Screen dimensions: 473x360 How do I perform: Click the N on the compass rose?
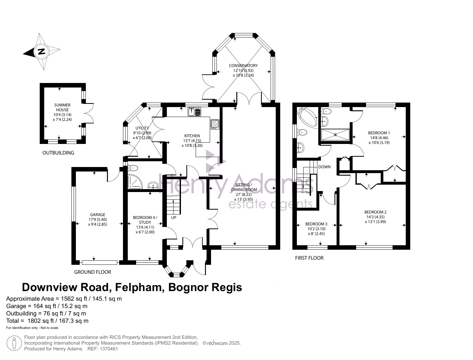[41, 52]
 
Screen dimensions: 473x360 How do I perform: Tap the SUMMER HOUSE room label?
[62, 107]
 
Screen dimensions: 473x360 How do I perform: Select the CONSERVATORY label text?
[243, 66]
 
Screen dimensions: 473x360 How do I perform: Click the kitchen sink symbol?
[194, 112]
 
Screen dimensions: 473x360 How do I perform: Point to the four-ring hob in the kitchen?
[215, 124]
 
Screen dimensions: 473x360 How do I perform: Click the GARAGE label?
[98, 214]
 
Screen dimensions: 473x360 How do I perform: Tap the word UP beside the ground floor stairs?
[174, 218]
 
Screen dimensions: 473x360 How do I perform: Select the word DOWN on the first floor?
[324, 167]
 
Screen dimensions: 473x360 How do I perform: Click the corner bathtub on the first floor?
[307, 118]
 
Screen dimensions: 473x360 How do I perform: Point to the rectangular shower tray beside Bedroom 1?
[335, 135]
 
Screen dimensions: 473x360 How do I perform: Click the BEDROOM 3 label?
[316, 224]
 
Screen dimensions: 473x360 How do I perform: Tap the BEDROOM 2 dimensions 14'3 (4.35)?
[375, 217]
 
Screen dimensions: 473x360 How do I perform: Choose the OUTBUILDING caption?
[58, 153]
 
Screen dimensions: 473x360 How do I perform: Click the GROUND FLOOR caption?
[93, 272]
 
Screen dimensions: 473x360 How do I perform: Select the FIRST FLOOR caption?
[309, 258]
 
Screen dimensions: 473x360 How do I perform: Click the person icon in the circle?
[14, 343]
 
